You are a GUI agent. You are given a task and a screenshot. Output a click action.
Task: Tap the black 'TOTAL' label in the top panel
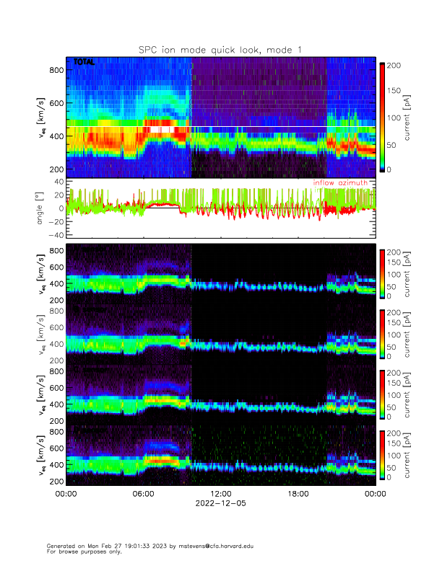pos(84,63)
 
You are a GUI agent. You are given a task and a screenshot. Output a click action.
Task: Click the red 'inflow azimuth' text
pos(340,183)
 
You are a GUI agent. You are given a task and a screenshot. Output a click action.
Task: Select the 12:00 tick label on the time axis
pos(220,494)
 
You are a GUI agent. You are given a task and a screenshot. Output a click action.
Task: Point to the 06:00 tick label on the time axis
pos(143,494)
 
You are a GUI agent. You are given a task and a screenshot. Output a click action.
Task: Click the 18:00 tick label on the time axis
pos(298,494)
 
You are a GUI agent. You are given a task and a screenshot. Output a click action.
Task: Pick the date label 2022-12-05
pos(220,504)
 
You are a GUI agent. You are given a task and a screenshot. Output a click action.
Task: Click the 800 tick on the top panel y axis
pos(56,70)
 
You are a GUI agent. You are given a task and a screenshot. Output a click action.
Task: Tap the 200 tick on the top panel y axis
pos(56,169)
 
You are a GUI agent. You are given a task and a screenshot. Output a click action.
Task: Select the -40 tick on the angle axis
pos(56,235)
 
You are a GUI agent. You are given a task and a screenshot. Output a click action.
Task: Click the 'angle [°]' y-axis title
pos(40,208)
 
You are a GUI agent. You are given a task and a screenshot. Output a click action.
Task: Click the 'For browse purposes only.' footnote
pos(82,552)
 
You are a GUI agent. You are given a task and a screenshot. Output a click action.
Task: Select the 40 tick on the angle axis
pos(58,182)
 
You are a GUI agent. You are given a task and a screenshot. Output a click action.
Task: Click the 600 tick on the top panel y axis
pos(56,103)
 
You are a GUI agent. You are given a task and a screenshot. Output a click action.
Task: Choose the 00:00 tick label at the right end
pos(375,494)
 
